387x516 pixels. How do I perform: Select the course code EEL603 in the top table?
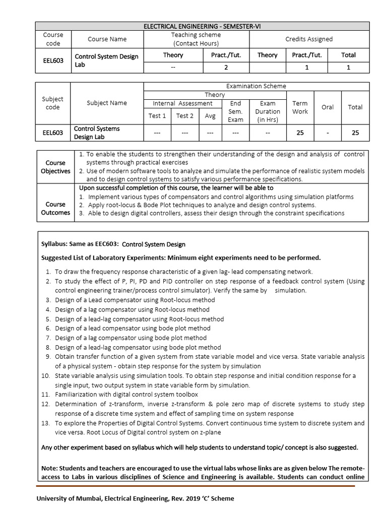click(x=53, y=61)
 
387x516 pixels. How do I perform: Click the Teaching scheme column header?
click(x=196, y=39)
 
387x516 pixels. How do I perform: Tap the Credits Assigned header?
click(x=309, y=39)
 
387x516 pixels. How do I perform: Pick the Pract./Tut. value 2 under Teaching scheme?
click(x=226, y=68)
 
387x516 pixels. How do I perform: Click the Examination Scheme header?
click(x=256, y=86)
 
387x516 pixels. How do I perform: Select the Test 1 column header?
click(x=157, y=116)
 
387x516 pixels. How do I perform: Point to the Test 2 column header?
click(x=184, y=116)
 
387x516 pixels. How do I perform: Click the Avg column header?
click(x=210, y=116)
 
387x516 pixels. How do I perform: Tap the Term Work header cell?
click(x=300, y=107)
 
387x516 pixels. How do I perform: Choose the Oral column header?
click(x=328, y=107)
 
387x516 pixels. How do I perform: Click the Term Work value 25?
click(x=300, y=133)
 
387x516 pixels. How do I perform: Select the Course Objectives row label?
click(x=55, y=167)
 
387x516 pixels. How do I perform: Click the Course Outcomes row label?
click(x=55, y=209)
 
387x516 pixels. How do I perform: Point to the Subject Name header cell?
click(x=107, y=103)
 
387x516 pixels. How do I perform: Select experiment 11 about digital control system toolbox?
click(x=126, y=395)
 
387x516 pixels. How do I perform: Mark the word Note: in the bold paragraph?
click(x=50, y=468)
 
